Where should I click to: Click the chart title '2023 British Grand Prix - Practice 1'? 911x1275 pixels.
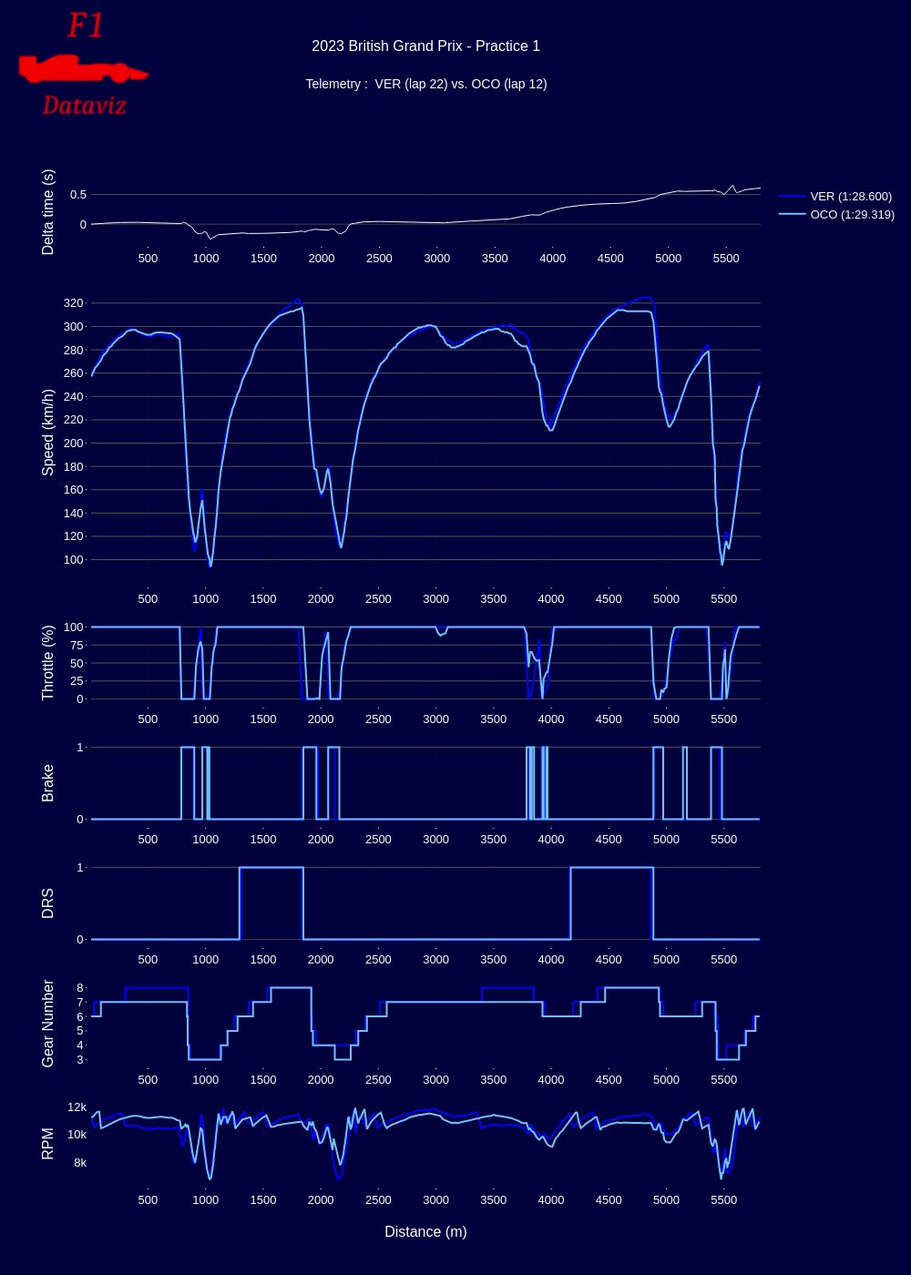[425, 46]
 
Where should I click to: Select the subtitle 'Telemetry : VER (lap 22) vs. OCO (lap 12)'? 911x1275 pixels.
[425, 84]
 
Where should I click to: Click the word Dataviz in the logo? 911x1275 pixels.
[84, 106]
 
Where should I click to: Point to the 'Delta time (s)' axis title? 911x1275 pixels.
[48, 212]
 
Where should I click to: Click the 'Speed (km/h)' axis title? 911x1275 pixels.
[48, 432]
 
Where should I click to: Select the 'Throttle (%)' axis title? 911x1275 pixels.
[48, 662]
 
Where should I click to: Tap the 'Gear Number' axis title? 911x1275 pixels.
[48, 1023]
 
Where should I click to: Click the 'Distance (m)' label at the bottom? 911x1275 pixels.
[425, 1231]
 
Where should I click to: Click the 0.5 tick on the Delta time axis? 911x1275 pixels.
[77, 195]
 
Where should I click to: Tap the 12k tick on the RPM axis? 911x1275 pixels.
[77, 1107]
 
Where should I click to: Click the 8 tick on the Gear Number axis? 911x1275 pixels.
[80, 988]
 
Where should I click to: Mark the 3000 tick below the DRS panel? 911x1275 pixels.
[435, 959]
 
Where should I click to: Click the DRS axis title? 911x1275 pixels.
[48, 903]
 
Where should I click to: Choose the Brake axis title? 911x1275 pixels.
[48, 783]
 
